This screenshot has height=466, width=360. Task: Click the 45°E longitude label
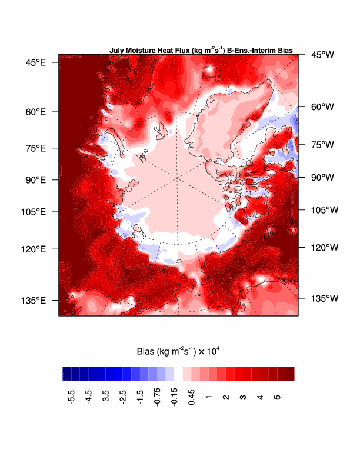[36, 62]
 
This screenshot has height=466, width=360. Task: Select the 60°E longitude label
[36, 112]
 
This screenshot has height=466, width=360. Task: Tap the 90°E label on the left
[36, 179]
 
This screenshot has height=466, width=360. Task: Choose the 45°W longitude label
[322, 55]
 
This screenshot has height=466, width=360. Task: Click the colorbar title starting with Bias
[178, 352]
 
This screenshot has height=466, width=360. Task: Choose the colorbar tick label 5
[276, 391]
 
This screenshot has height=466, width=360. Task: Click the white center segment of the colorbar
[178, 374]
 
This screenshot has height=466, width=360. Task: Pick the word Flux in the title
[181, 51]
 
